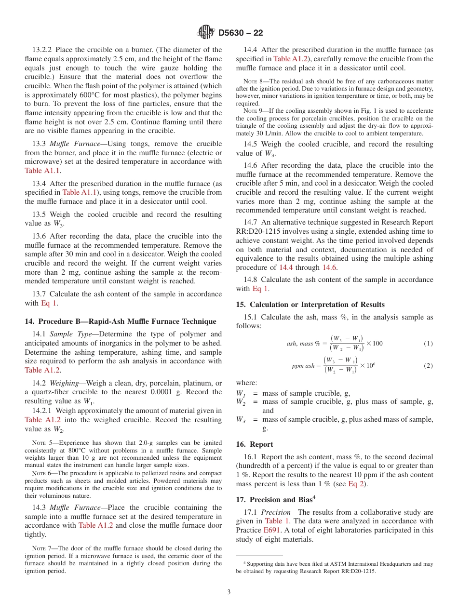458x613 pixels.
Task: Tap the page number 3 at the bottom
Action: [229, 592]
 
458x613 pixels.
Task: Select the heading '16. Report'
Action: [255, 444]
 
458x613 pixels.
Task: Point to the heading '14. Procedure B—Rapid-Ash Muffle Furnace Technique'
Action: [120, 321]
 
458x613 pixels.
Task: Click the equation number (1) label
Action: [428, 344]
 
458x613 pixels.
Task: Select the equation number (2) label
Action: [428, 366]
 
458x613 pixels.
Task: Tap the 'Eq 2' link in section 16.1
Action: [356, 484]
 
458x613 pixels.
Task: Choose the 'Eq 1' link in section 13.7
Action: [49, 303]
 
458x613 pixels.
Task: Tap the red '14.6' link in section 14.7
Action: [330, 267]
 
